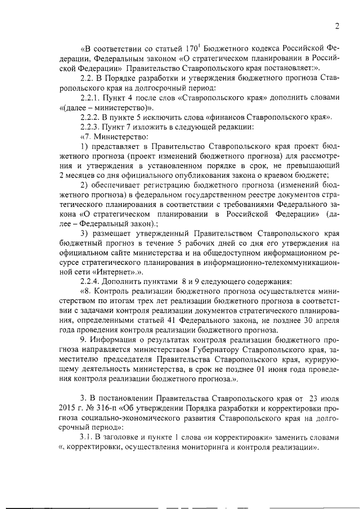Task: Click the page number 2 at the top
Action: (x=336, y=25)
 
